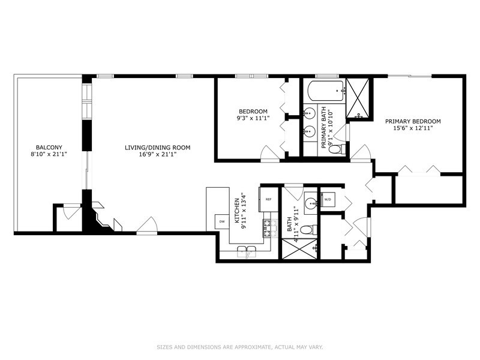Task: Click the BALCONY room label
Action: tap(49, 147)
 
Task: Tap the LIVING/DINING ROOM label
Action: tap(157, 147)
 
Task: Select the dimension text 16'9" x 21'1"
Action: tap(157, 155)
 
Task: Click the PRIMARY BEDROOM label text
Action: tap(413, 121)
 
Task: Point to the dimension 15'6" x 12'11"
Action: tap(413, 128)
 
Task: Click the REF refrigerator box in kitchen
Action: tap(268, 199)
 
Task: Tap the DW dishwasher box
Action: tap(222, 221)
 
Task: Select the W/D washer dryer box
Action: tap(328, 199)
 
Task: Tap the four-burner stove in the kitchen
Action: tap(268, 226)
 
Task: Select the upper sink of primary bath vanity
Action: tap(311, 112)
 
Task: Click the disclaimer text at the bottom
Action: tap(240, 346)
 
